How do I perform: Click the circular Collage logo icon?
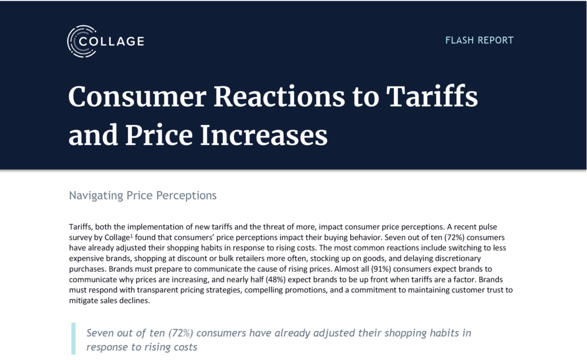pyautogui.click(x=80, y=41)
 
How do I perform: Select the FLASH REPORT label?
pyautogui.click(x=479, y=40)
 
